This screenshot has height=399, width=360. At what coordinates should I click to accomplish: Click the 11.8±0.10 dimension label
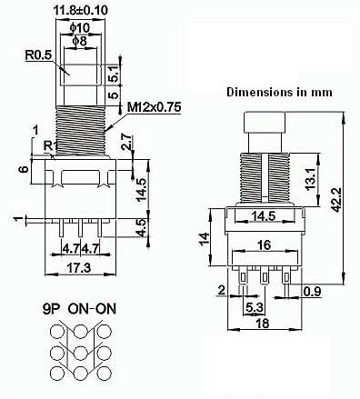click(x=81, y=10)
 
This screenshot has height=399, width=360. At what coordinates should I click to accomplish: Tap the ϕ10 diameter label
click(x=80, y=28)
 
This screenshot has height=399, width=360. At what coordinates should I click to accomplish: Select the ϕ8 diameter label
click(x=80, y=41)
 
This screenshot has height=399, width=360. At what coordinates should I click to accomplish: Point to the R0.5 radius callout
click(x=38, y=55)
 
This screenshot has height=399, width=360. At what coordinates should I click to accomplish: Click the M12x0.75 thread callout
click(x=155, y=107)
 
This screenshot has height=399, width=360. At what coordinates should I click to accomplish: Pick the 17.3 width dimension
click(x=80, y=268)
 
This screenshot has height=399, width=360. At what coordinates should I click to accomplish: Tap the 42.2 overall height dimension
click(x=336, y=199)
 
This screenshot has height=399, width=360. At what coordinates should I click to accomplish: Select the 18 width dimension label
click(x=263, y=324)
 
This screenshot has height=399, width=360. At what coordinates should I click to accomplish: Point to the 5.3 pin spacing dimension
click(x=255, y=308)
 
